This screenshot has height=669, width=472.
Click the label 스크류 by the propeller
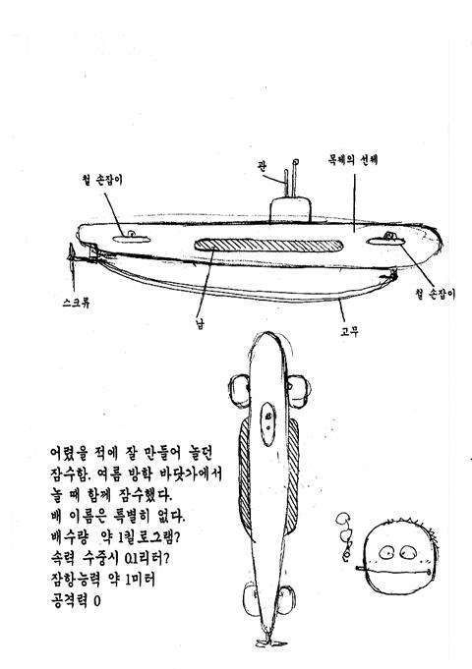pos(76,304)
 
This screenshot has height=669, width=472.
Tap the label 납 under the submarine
pos(199,323)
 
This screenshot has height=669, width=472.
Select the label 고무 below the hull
pos(349,331)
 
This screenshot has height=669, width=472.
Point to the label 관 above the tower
pos(262,165)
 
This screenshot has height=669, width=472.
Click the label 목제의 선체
pos(352,160)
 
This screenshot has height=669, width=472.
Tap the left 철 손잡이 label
pos(102,180)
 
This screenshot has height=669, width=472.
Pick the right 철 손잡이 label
pos(435,294)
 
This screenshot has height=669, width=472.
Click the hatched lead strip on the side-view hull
pos(268,246)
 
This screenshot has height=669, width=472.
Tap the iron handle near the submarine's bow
pos(385,241)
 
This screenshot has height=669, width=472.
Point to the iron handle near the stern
pos(131,238)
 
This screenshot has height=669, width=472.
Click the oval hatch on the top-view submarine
pos(267,423)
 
